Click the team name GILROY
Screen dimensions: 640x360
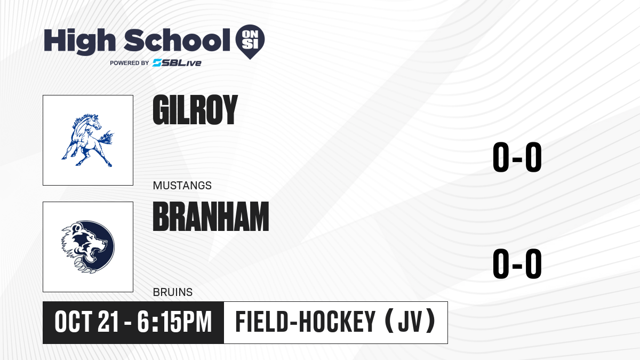tap(195, 110)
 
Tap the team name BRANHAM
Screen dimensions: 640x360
tap(211, 217)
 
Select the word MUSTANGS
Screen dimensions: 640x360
tap(182, 186)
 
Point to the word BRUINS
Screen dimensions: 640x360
tap(173, 292)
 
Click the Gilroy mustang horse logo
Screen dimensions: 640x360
tap(87, 140)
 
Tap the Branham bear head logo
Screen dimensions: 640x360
tap(88, 247)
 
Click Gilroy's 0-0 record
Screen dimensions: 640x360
tap(517, 157)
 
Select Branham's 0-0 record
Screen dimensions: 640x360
tap(517, 263)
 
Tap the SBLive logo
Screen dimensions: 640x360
tap(177, 63)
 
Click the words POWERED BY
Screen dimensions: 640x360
tap(130, 63)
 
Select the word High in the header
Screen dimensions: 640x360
tap(79, 42)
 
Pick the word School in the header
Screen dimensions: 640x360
tap(177, 40)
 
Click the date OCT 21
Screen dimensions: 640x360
tap(86, 322)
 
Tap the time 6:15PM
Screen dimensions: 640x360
tap(174, 322)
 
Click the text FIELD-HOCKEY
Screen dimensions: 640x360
tap(305, 322)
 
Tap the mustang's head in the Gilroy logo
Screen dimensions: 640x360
tap(94, 122)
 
